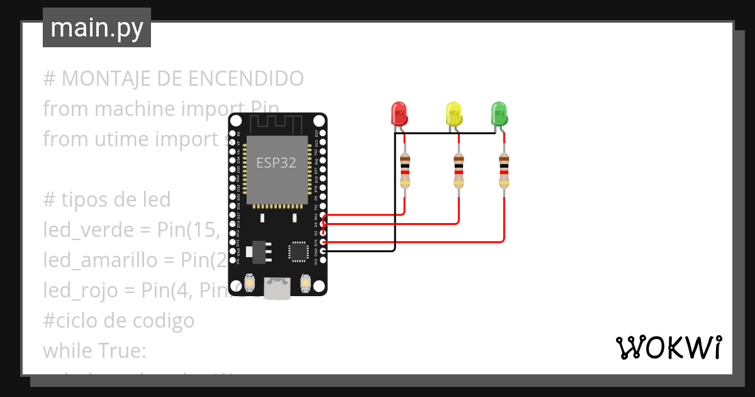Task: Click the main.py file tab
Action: (96, 28)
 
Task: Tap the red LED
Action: (399, 114)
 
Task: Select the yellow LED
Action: (453, 114)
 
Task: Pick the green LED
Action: (498, 114)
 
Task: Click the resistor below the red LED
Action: (405, 171)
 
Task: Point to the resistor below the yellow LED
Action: (459, 171)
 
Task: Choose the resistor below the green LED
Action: (504, 171)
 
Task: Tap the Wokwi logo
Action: (668, 347)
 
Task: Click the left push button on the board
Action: (249, 284)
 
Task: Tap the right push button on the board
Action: (306, 284)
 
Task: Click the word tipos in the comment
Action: (84, 200)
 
